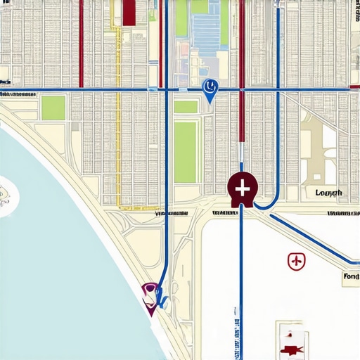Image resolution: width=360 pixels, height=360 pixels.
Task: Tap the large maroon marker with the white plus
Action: pyautogui.click(x=243, y=188)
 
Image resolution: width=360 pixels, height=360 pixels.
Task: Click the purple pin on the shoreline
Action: pyautogui.click(x=150, y=292)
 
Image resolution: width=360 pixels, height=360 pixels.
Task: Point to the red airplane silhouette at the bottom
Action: pyautogui.click(x=290, y=348)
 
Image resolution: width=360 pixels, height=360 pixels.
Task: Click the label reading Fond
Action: pyautogui.click(x=350, y=277)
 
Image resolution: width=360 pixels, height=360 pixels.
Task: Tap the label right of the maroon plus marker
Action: pyautogui.click(x=328, y=193)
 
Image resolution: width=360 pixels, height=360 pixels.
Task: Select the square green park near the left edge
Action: pyautogui.click(x=53, y=108)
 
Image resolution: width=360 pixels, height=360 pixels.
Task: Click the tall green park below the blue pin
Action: pyautogui.click(x=186, y=151)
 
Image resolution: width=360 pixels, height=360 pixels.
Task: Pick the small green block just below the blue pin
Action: pyautogui.click(x=186, y=107)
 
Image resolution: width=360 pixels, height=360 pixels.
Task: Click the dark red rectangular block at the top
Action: pyautogui.click(x=129, y=12)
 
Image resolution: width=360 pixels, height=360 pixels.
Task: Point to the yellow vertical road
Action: pyautogui.click(x=117, y=141)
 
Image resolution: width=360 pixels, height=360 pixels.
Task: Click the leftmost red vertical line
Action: pyautogui.click(x=82, y=42)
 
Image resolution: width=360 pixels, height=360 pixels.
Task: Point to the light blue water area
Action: pyautogui.click(x=56, y=267)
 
